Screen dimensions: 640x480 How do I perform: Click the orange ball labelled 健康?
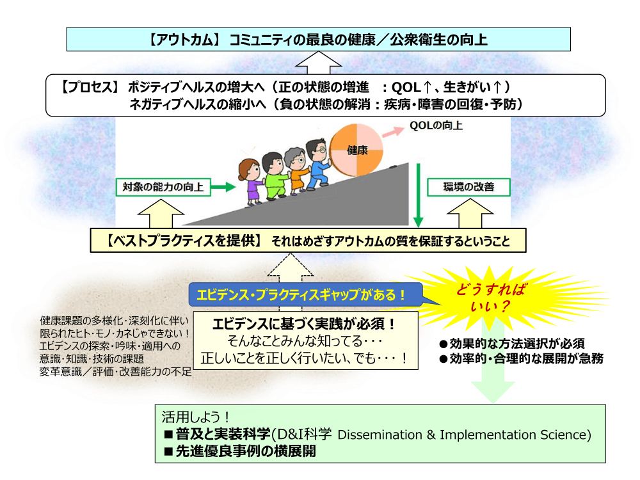(356, 150)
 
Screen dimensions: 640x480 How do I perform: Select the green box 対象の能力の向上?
(163, 187)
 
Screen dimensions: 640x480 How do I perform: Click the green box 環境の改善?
(468, 187)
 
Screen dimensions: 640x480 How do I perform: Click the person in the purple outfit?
(251, 182)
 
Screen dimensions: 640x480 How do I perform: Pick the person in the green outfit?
(275, 177)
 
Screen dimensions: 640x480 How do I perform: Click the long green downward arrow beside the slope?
(418, 195)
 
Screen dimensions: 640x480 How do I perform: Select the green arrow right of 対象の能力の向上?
(223, 187)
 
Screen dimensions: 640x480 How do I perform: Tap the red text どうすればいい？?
(491, 298)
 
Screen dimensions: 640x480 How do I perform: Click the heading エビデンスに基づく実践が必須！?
(304, 324)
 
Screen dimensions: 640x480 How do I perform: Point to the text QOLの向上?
(436, 125)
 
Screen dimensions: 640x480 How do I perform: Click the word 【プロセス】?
(90, 87)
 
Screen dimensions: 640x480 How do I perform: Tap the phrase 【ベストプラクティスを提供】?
(184, 241)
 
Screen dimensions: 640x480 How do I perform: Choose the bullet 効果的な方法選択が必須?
(512, 344)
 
